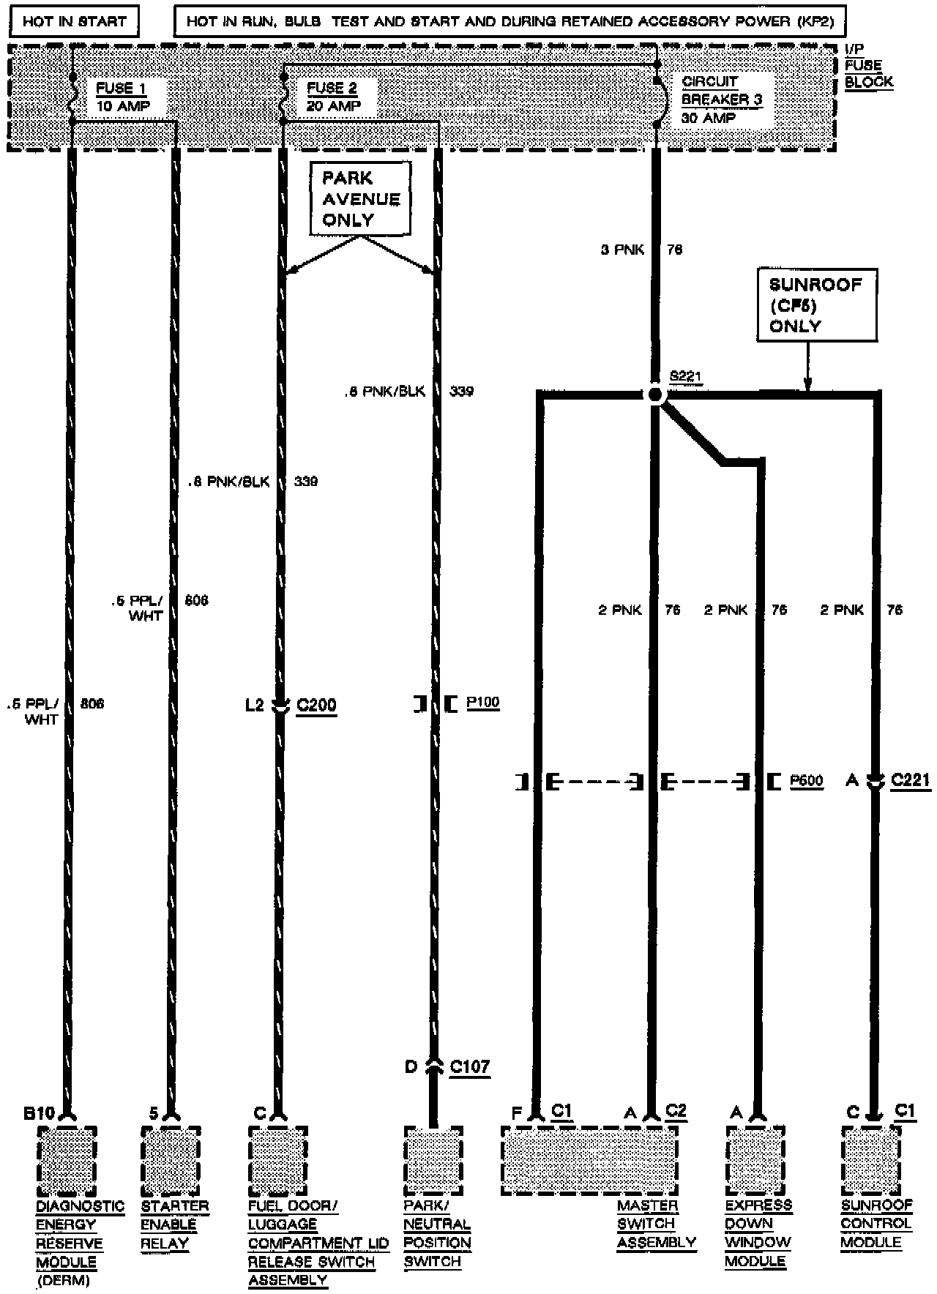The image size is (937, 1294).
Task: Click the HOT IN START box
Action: click(74, 20)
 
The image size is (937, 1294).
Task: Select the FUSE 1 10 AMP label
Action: click(122, 97)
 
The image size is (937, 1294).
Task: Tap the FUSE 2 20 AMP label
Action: click(333, 97)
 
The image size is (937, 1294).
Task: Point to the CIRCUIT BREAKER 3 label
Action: click(721, 100)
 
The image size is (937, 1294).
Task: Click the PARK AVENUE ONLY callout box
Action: click(360, 199)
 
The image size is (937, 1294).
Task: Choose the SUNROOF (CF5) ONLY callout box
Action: click(815, 305)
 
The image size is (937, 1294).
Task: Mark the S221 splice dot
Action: click(655, 395)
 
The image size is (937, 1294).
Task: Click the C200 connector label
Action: click(316, 706)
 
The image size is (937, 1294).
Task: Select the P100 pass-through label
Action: click(482, 703)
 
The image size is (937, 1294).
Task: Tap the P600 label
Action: click(806, 782)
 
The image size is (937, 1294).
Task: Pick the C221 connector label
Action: click(910, 780)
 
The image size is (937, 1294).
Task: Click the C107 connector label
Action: click(469, 1066)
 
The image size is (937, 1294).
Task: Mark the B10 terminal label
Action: click(39, 1113)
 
